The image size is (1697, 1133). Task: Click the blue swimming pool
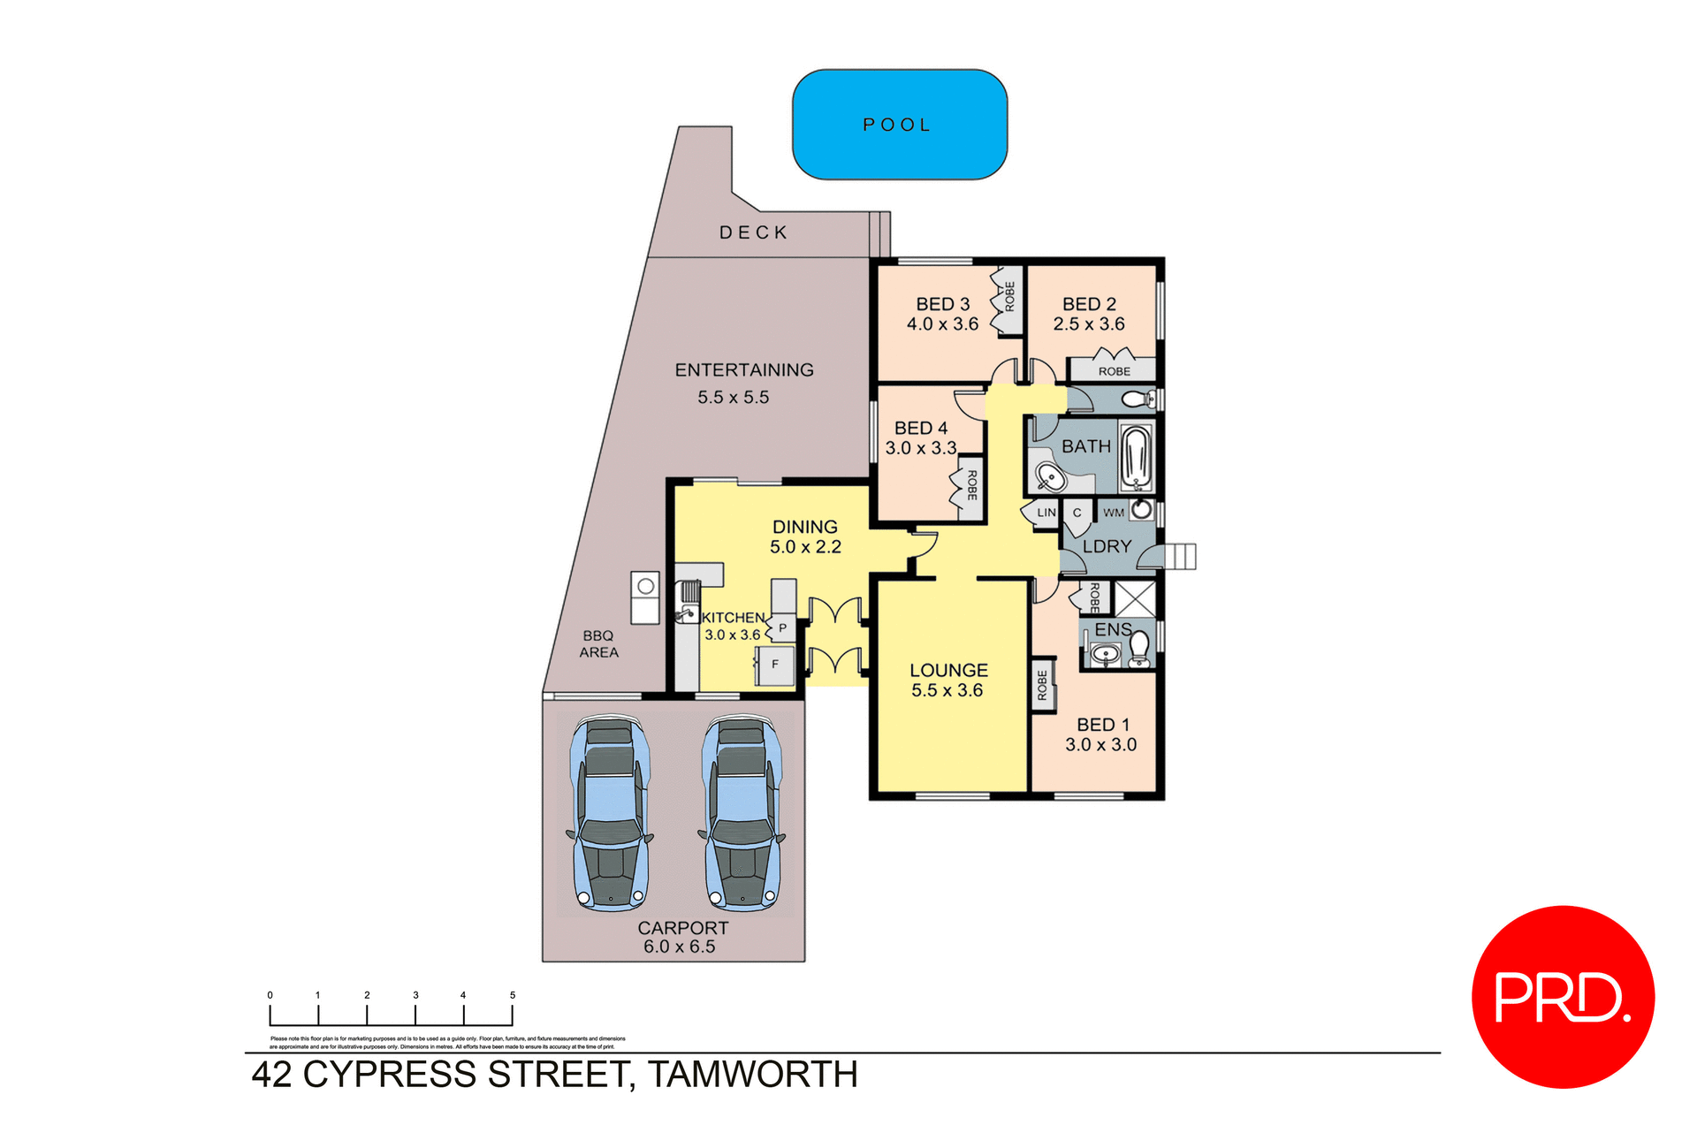899,125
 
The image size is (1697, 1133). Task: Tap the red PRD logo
1562,996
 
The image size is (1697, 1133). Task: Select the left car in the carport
610,813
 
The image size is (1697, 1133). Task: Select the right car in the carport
742,813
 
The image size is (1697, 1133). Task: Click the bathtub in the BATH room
1136,456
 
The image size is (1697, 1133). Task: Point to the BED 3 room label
942,304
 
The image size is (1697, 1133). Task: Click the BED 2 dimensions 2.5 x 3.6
1088,324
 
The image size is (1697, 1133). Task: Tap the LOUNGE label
948,671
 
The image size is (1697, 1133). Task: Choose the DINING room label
804,527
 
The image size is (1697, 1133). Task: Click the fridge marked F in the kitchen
775,665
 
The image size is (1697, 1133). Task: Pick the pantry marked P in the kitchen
782,628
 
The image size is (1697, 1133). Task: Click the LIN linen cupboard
1046,513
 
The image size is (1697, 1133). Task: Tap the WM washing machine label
1114,513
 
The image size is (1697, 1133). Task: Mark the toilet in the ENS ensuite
1139,649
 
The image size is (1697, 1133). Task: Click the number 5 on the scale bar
512,995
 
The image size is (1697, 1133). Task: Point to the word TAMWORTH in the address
752,1075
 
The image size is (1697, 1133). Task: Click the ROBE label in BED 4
971,485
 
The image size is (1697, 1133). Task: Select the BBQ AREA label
598,644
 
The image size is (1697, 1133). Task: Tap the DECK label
753,232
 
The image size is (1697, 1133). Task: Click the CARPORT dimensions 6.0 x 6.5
679,947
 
